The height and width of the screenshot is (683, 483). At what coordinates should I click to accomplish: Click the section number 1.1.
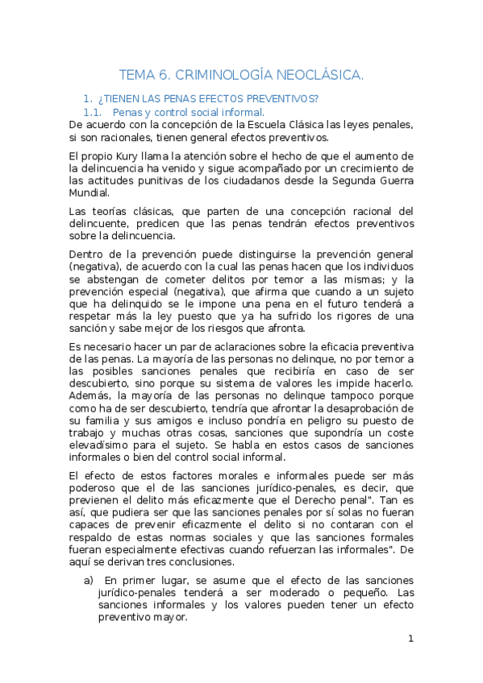tap(94, 112)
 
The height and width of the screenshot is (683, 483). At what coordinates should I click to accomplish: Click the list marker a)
tap(90, 581)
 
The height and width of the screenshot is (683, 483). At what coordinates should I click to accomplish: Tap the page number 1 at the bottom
tap(410, 640)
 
